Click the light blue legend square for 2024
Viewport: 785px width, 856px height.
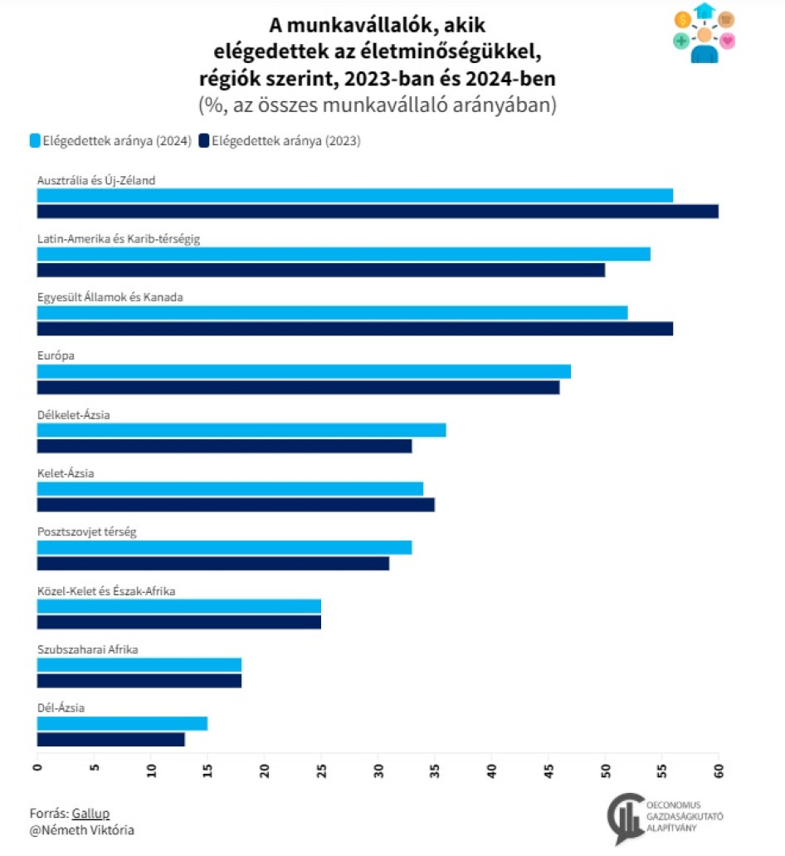[x=34, y=141]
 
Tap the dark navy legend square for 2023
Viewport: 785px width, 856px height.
[x=204, y=141]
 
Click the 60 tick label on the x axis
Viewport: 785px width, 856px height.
[x=719, y=770]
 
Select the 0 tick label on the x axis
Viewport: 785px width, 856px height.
[x=37, y=770]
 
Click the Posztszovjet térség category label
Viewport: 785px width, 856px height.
[x=86, y=531]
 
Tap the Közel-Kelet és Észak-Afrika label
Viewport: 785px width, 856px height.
[x=106, y=590]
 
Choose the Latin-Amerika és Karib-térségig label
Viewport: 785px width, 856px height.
[x=119, y=238]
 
